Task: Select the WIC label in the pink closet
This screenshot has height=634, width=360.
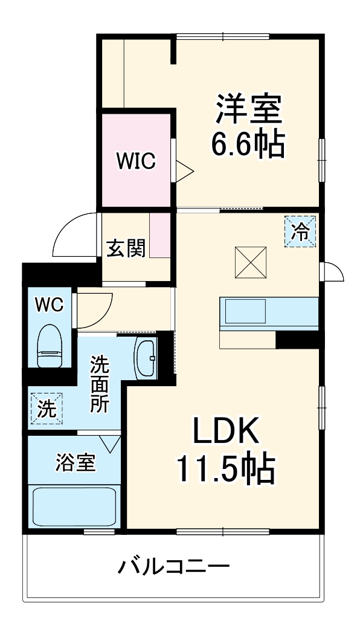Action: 136,161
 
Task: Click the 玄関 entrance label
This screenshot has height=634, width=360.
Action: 126,248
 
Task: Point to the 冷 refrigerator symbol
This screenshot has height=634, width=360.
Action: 300,231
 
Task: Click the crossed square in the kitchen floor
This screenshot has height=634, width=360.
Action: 251,262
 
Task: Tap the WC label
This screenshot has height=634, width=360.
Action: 48,305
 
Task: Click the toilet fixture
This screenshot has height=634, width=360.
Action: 50,346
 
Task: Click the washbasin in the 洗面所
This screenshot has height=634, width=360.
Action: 146,359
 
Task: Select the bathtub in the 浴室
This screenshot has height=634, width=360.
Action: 74,506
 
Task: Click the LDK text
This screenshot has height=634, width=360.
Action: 226,432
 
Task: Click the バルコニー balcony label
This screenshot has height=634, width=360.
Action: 174,567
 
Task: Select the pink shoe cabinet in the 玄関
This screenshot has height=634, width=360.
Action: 161,236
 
